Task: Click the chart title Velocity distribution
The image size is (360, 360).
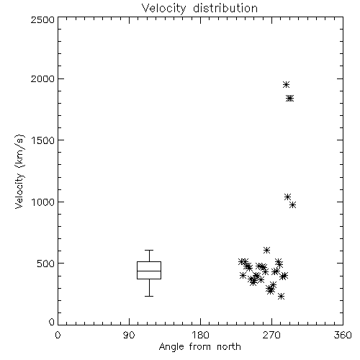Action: click(199, 8)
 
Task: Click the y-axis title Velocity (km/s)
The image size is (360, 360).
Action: click(19, 171)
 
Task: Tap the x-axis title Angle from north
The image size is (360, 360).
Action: click(199, 347)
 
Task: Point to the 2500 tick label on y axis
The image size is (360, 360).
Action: click(42, 19)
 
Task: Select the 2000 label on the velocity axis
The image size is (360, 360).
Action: click(42, 78)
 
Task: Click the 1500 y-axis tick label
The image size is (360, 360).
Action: click(43, 140)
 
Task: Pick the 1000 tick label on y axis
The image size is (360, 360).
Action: click(43, 202)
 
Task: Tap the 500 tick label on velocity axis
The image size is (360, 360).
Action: click(45, 264)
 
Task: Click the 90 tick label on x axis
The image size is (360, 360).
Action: click(129, 335)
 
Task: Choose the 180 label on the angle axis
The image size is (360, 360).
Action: click(200, 335)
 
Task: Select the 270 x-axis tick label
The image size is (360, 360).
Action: click(271, 335)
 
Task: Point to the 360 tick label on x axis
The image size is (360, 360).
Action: click(343, 335)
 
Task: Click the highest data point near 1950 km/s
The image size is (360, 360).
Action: click(286, 84)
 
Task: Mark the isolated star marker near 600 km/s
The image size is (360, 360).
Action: click(266, 251)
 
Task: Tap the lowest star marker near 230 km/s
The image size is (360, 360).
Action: click(281, 297)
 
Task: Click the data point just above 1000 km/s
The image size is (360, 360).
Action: click(287, 197)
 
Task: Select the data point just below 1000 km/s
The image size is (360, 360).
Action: click(292, 205)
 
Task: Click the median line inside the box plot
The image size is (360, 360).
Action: click(149, 271)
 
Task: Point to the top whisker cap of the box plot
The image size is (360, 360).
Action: click(149, 251)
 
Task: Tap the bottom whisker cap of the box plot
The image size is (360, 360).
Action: click(149, 296)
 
